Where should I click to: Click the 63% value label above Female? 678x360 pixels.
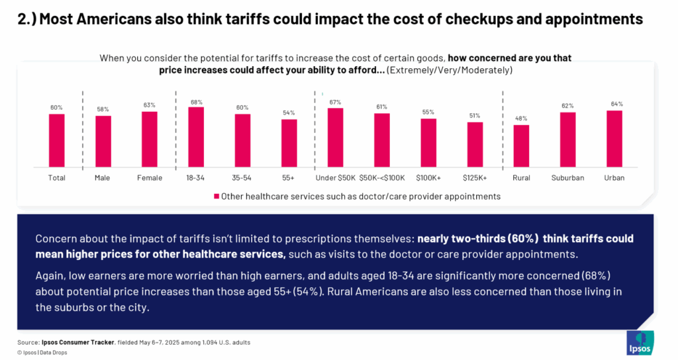150,105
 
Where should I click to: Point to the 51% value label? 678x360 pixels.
475,115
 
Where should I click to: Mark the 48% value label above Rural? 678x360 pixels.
521,118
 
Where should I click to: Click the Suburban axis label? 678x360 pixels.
567,178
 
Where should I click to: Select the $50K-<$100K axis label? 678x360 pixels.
381,178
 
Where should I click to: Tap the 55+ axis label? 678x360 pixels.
289,178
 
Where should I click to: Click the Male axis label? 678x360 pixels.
103,178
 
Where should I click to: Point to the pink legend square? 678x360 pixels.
216,197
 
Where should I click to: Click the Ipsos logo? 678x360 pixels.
640,343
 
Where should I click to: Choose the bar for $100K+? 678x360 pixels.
428,142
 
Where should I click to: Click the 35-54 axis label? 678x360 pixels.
242,178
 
